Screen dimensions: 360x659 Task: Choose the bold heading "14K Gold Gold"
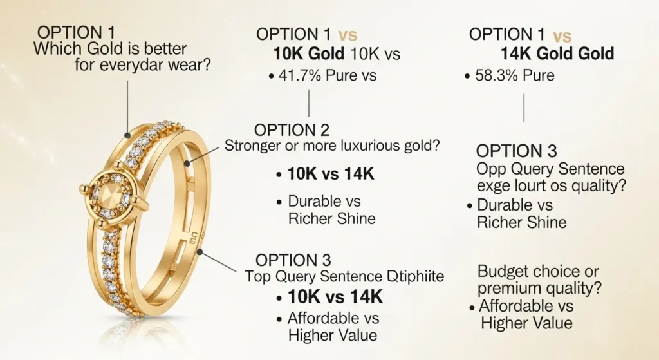tap(557, 54)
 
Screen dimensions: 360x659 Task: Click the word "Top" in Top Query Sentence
tap(257, 278)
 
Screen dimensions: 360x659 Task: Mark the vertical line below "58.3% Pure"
tap(524, 108)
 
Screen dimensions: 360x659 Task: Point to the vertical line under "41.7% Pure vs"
tap(310, 103)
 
